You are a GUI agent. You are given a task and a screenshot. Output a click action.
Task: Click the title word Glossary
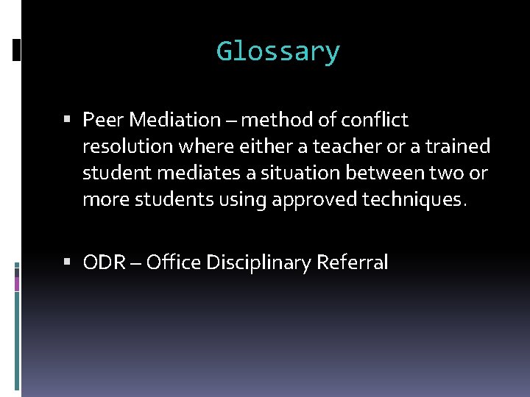pos(278,52)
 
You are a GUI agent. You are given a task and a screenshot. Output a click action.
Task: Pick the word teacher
pos(342,147)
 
